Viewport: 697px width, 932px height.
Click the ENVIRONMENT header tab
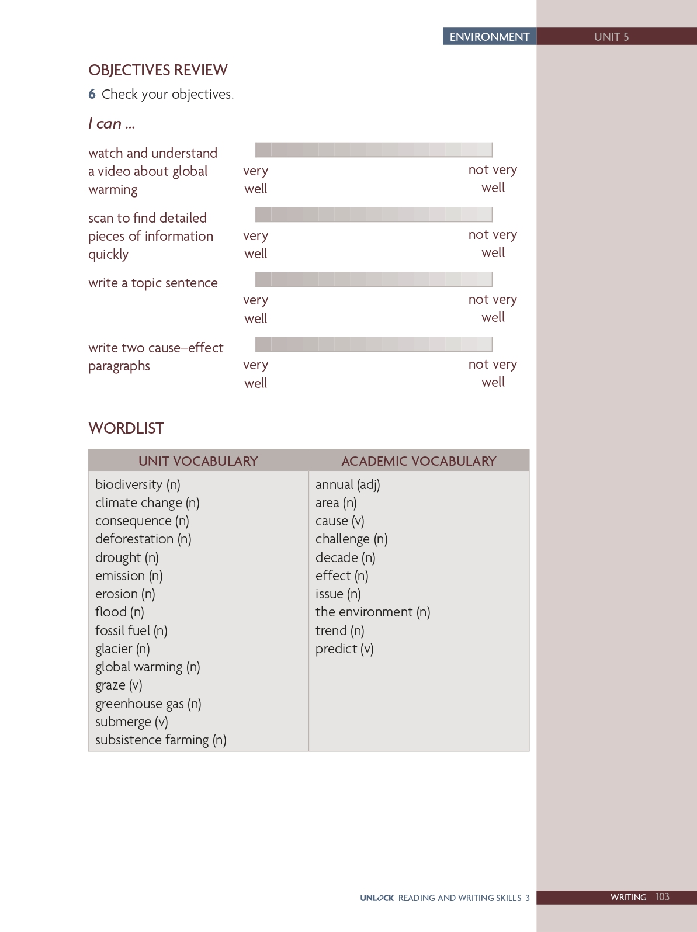tap(489, 36)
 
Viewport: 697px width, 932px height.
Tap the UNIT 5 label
tap(611, 37)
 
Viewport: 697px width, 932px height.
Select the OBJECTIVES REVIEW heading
tap(158, 70)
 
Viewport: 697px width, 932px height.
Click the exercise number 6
tap(92, 94)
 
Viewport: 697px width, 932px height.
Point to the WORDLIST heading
tap(126, 428)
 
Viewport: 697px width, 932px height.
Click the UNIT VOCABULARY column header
tap(198, 461)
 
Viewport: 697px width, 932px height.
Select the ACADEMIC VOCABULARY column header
tap(418, 461)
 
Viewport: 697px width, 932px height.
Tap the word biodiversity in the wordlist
tap(129, 484)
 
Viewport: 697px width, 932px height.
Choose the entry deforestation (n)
tap(143, 539)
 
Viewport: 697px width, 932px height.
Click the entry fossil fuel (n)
tap(131, 630)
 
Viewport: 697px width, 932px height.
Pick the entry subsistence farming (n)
tap(161, 740)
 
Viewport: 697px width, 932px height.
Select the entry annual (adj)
tap(348, 484)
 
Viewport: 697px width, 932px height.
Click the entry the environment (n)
tap(373, 612)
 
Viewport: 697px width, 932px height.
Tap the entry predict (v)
tap(344, 649)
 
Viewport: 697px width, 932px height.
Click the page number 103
tap(663, 897)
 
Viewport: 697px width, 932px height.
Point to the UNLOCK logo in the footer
tap(377, 898)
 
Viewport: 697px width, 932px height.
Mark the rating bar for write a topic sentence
tap(374, 279)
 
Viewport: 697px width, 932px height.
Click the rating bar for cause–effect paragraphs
tap(374, 344)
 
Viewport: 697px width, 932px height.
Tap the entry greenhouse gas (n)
tap(148, 704)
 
